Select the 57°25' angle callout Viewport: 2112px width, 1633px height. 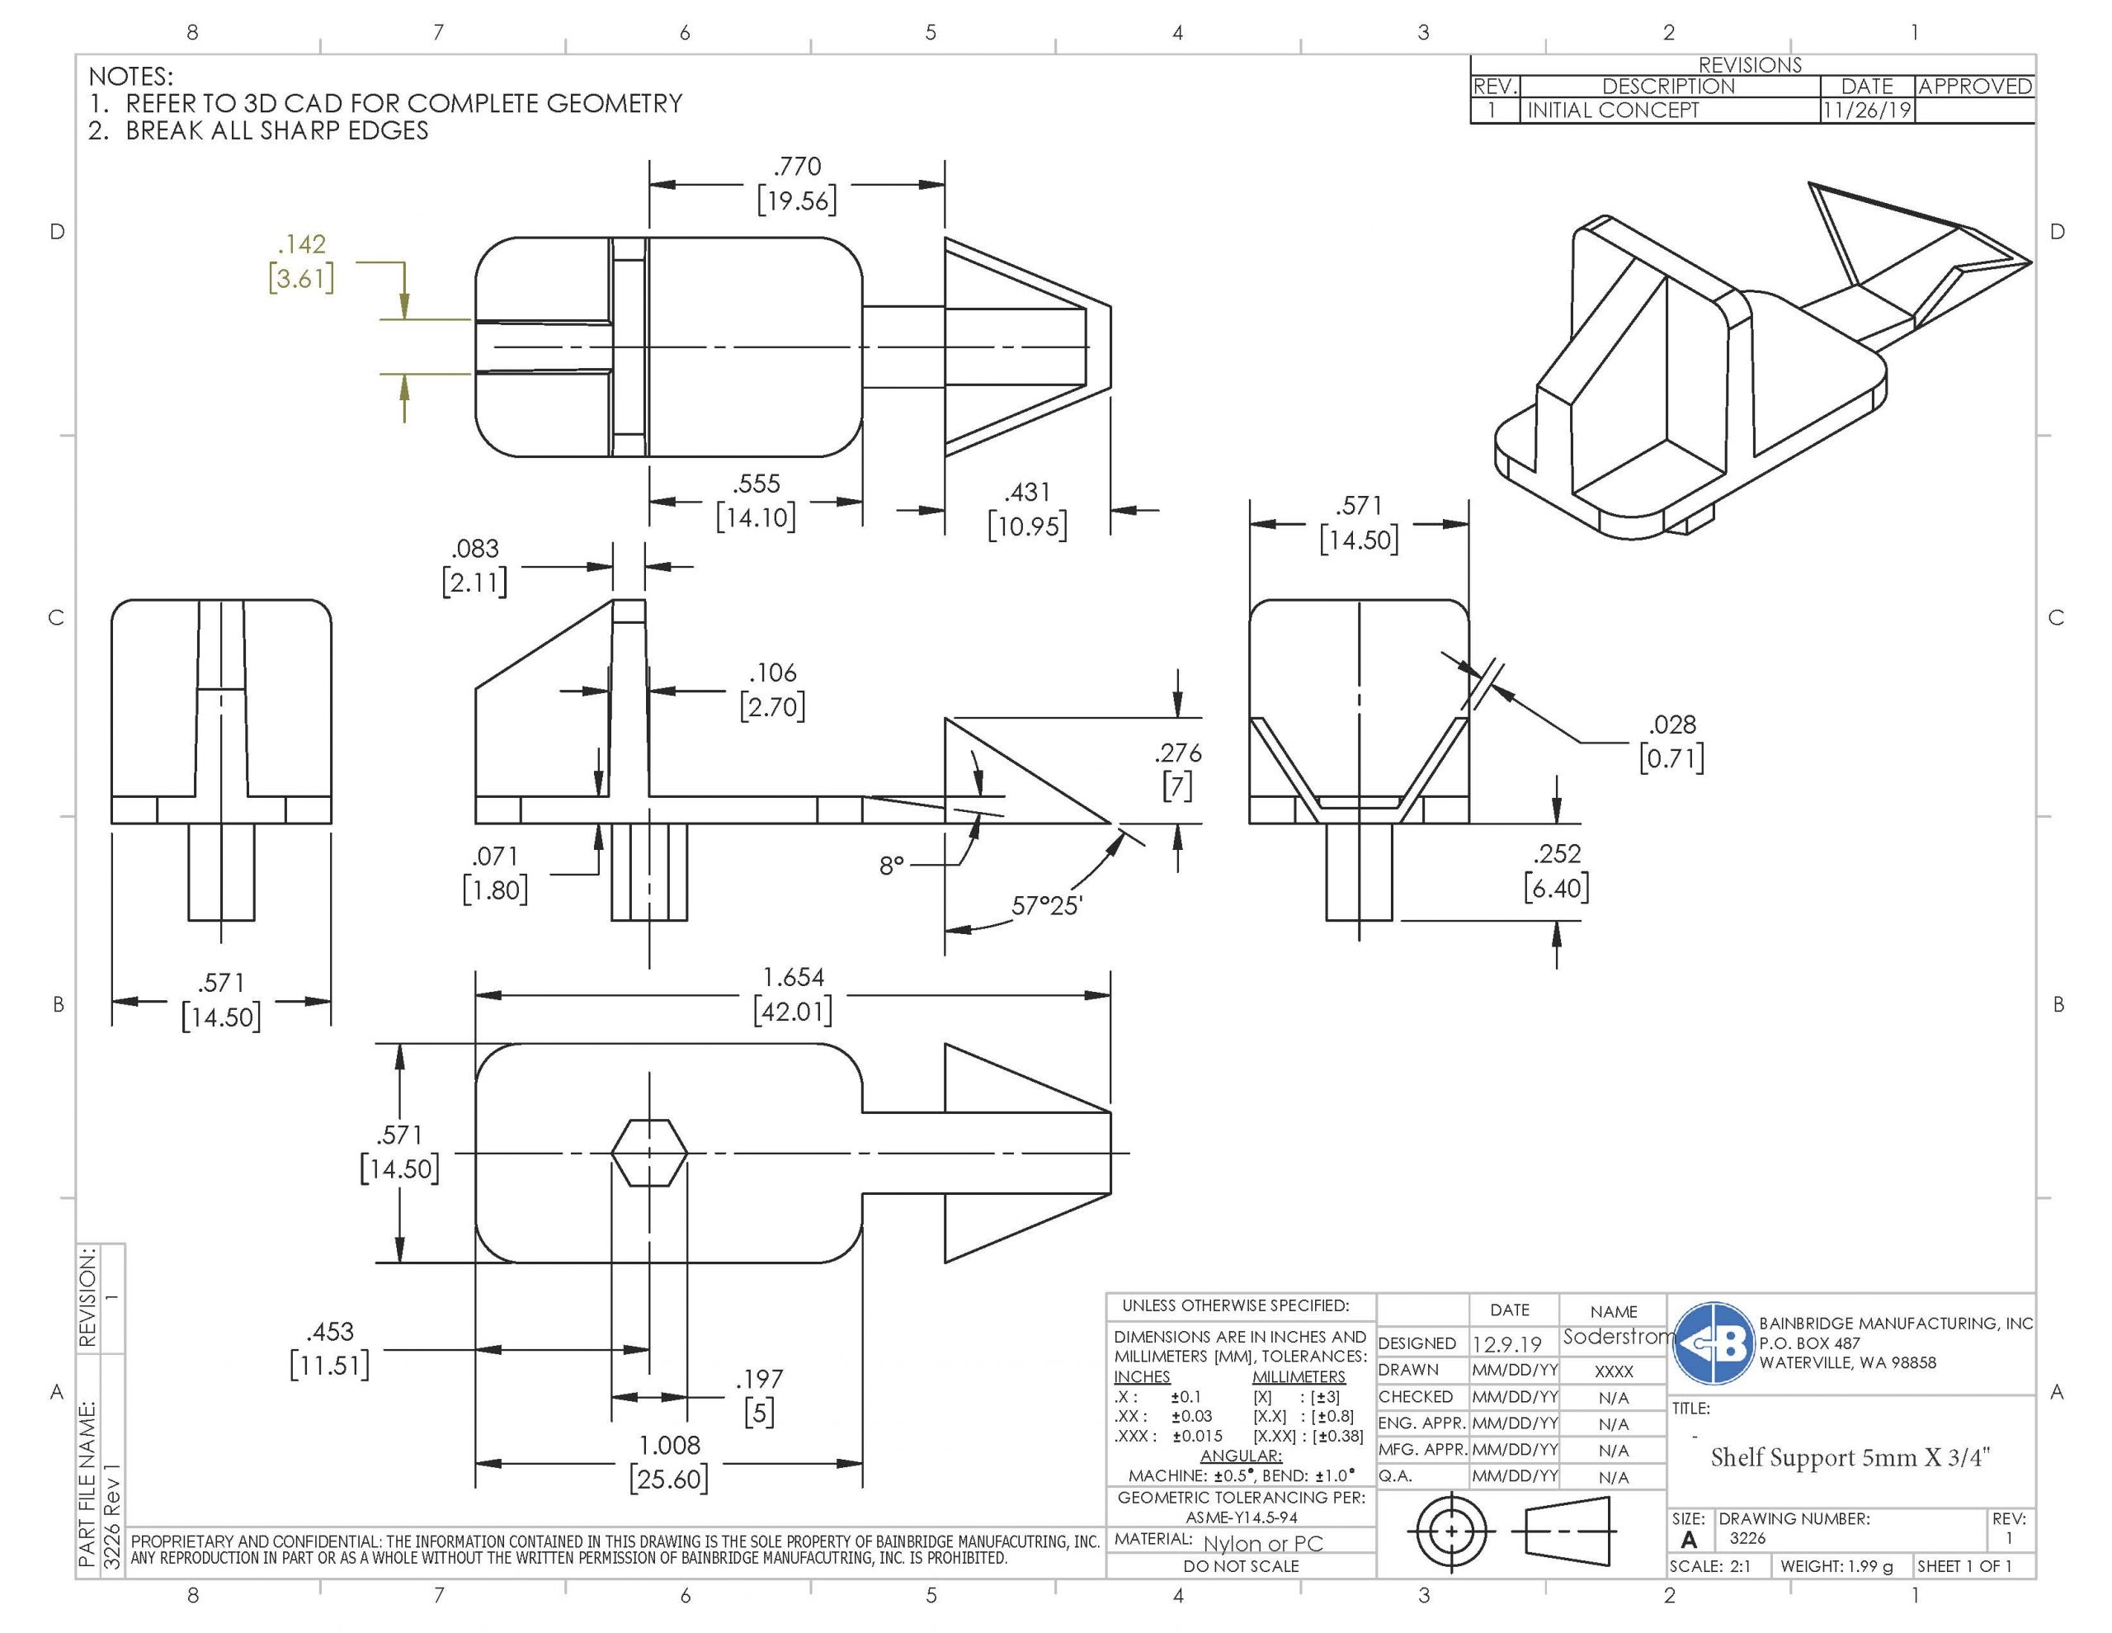[x=1047, y=907]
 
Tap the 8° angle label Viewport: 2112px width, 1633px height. [x=892, y=865]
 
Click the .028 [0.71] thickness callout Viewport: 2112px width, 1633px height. [x=1672, y=741]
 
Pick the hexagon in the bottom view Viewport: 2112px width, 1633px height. [x=650, y=1152]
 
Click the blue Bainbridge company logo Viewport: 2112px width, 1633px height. [x=1714, y=1343]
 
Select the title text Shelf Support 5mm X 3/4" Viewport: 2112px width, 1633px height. [x=1850, y=1457]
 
